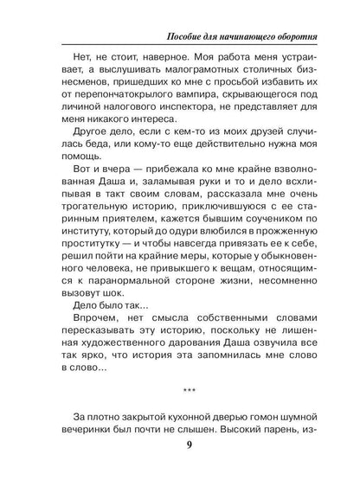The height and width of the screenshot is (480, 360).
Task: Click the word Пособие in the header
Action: click(x=190, y=38)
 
